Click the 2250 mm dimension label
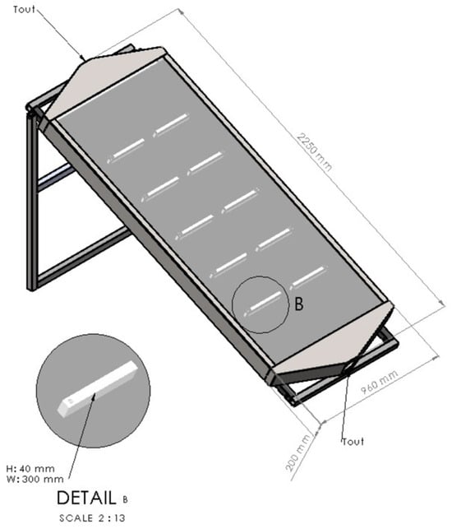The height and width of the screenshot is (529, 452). (314, 152)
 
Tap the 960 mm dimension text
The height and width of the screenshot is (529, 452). (379, 382)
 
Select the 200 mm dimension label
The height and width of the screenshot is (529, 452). (298, 452)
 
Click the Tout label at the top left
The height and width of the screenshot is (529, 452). (24, 9)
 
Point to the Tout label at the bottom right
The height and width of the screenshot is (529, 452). (353, 441)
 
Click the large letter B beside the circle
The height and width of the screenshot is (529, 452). (299, 304)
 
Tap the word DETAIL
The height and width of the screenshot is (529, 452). (86, 498)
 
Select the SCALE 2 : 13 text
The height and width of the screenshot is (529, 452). (92, 517)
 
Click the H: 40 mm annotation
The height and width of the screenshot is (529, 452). (30, 469)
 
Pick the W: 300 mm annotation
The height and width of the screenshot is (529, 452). (35, 479)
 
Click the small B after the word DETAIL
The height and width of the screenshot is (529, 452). (125, 499)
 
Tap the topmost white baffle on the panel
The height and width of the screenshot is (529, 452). (171, 125)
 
